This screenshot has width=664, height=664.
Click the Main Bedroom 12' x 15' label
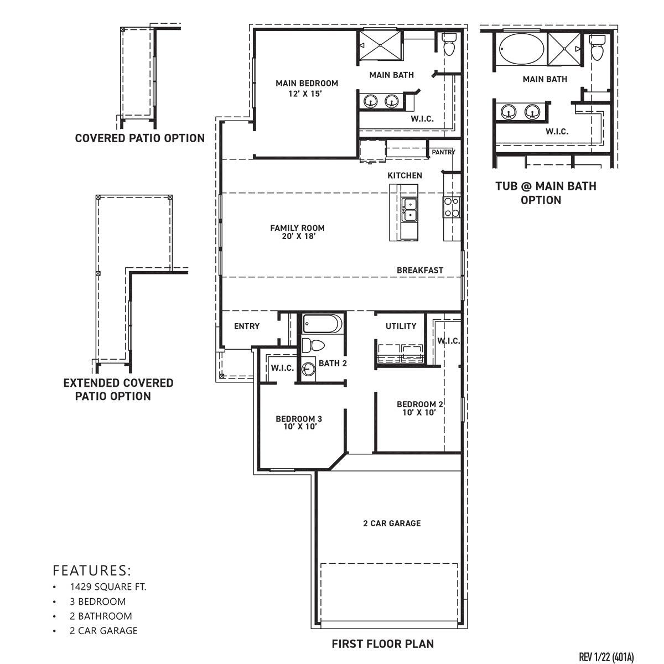(x=307, y=89)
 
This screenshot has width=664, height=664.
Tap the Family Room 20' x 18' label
(x=297, y=232)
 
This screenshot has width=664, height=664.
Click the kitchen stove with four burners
(x=451, y=207)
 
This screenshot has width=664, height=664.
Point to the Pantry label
(x=443, y=152)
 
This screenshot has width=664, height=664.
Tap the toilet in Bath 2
(x=313, y=345)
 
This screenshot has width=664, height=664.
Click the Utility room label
(x=401, y=326)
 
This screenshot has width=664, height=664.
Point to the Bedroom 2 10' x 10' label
(x=419, y=408)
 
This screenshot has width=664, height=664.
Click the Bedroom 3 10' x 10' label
(x=299, y=423)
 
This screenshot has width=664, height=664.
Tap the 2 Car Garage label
(x=392, y=523)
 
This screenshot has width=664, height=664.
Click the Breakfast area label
(x=420, y=271)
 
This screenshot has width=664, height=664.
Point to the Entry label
(x=247, y=326)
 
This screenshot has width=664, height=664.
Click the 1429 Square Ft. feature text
(x=108, y=587)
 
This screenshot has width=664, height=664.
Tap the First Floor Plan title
(x=383, y=644)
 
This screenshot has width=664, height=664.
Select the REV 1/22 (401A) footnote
(x=606, y=657)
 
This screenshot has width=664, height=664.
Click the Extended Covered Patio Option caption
(x=118, y=390)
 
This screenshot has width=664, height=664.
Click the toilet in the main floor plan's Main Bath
(x=449, y=45)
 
